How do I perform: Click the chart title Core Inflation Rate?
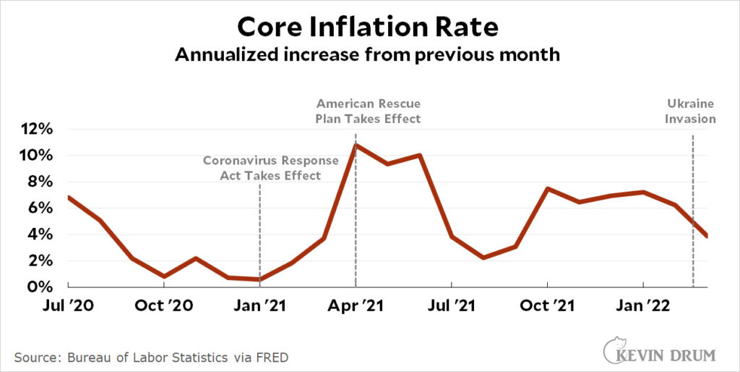(x=368, y=27)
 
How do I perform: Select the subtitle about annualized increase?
(x=368, y=55)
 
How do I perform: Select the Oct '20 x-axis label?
(x=164, y=305)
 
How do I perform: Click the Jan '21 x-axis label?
(x=259, y=305)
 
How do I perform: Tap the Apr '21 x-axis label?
(x=356, y=305)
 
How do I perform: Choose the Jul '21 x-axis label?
(x=451, y=305)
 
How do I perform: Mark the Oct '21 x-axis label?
(x=547, y=305)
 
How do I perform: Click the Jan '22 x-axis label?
(x=642, y=305)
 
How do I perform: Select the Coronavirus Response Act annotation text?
(x=260, y=168)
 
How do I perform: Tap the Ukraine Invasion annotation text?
(x=690, y=111)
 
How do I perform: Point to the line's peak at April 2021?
(x=356, y=145)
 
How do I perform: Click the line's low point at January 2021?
(x=259, y=279)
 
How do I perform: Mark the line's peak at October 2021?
(x=547, y=189)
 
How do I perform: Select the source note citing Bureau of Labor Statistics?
(x=155, y=357)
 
